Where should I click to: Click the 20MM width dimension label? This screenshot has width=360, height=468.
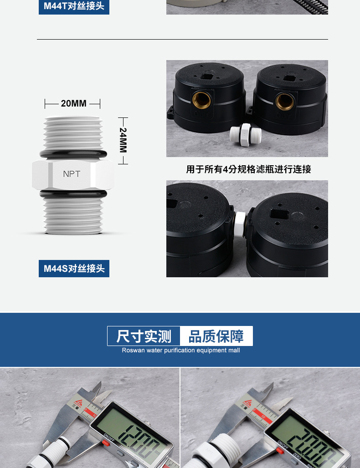pyautogui.click(x=73, y=103)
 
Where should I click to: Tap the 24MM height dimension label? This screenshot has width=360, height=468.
pyautogui.click(x=123, y=140)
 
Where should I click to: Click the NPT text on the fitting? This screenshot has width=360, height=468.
pyautogui.click(x=72, y=174)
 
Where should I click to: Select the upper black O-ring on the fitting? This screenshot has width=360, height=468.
pyautogui.click(x=73, y=153)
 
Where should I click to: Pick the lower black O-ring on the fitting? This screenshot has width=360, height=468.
pyautogui.click(x=73, y=194)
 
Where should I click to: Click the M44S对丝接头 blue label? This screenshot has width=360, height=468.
pyautogui.click(x=74, y=269)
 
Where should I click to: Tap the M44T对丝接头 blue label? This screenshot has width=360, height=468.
pyautogui.click(x=74, y=6)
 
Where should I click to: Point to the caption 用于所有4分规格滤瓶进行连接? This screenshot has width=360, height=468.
pyautogui.click(x=248, y=169)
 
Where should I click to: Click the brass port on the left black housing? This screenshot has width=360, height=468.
pyautogui.click(x=201, y=100)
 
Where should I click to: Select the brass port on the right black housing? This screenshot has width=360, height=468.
pyautogui.click(x=284, y=102)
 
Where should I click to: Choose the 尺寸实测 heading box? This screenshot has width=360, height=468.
pyautogui.click(x=144, y=336)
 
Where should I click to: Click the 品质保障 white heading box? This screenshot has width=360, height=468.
pyautogui.click(x=216, y=336)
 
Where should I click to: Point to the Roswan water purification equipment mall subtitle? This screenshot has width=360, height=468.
pyautogui.click(x=180, y=351)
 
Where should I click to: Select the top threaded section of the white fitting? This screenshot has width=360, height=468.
pyautogui.click(x=73, y=133)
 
